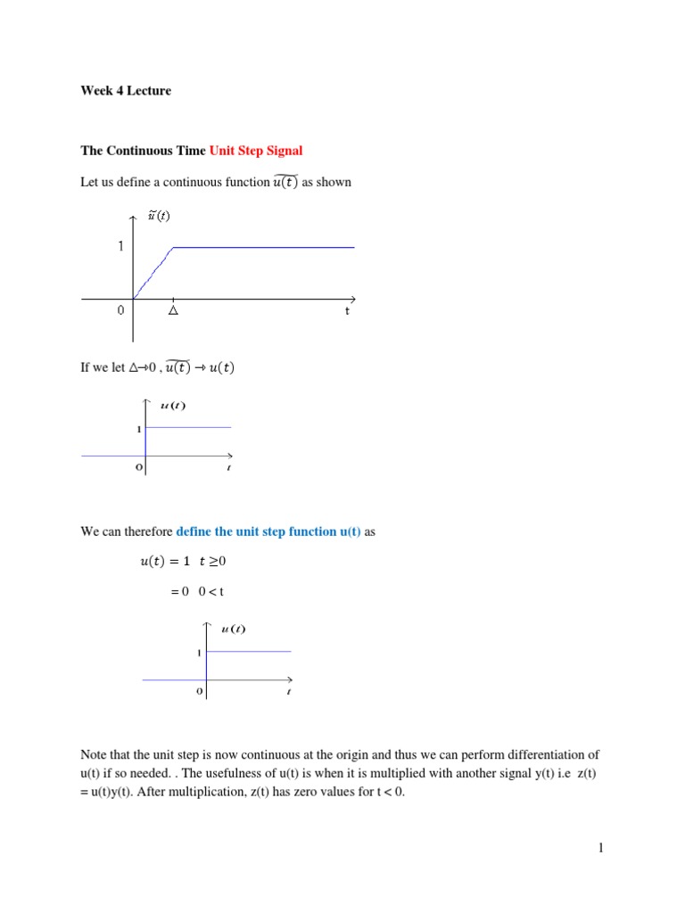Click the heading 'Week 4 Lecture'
click(126, 90)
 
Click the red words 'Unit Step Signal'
click(256, 150)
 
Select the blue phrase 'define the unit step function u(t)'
click(268, 531)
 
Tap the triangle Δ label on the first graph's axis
click(173, 311)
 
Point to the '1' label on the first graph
click(120, 247)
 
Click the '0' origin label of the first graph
click(120, 311)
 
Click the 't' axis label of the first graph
click(347, 311)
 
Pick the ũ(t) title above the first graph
click(159, 216)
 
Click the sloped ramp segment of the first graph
click(153, 272)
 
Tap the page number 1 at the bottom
click(602, 848)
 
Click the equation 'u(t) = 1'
click(166, 562)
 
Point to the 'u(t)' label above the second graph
click(173, 407)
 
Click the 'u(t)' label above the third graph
click(233, 629)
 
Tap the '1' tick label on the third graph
click(199, 654)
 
